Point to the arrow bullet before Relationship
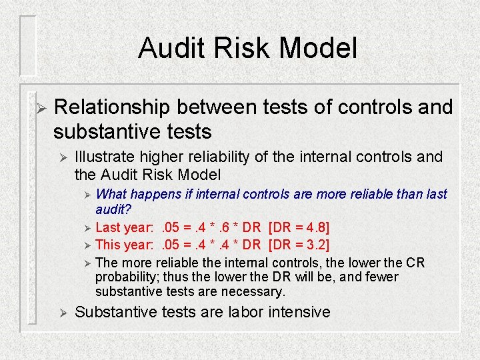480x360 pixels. coord(40,107)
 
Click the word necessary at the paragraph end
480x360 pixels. coord(256,291)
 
